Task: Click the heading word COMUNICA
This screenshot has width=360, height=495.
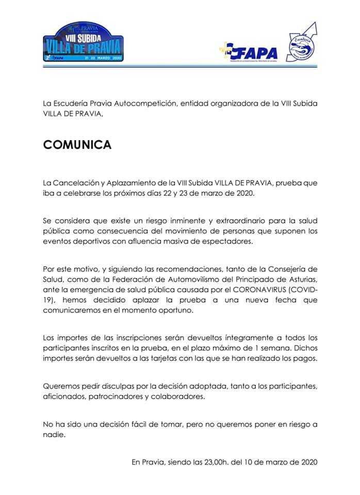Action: point(77,145)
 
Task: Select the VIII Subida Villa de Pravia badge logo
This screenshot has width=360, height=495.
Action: point(83,43)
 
